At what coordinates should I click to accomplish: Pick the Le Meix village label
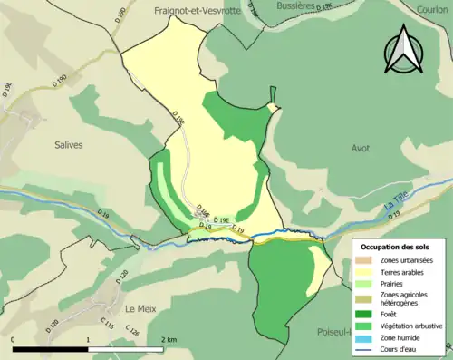(x=141, y=307)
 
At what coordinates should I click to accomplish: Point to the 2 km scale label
(x=169, y=338)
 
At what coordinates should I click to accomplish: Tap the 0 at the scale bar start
(x=14, y=338)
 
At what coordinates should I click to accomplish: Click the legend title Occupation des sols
(x=396, y=247)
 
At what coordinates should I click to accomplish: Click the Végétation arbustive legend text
(x=412, y=326)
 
